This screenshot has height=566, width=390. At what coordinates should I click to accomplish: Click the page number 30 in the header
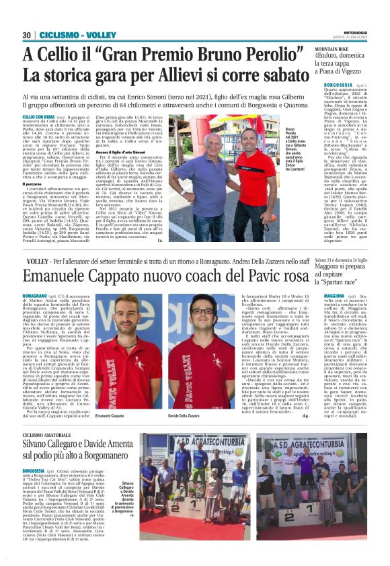click(27, 35)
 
